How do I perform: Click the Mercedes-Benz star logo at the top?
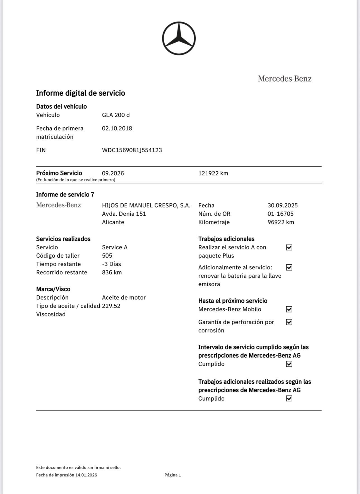pyautogui.click(x=179, y=38)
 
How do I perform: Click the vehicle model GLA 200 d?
pyautogui.click(x=116, y=115)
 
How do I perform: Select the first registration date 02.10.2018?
pyautogui.click(x=117, y=128)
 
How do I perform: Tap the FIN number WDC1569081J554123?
pyautogui.click(x=132, y=150)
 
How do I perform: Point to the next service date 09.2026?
pyautogui.click(x=113, y=173)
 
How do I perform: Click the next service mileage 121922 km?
pyautogui.click(x=213, y=173)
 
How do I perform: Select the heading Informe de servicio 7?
pyautogui.click(x=65, y=195)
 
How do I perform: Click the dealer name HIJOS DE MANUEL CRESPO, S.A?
pyautogui.click(x=146, y=205)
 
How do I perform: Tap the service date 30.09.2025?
pyautogui.click(x=282, y=205)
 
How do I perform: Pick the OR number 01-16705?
pyautogui.click(x=280, y=214)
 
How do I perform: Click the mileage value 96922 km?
pyautogui.click(x=281, y=222)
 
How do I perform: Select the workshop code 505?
pyautogui.click(x=107, y=256)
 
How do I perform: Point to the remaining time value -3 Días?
pyautogui.click(x=111, y=264)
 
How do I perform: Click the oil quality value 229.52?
pyautogui.click(x=111, y=306)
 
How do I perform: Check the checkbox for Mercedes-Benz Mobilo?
pyautogui.click(x=289, y=309)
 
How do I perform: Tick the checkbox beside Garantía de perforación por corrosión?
pyautogui.click(x=289, y=322)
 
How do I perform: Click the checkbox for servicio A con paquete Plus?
pyautogui.click(x=289, y=248)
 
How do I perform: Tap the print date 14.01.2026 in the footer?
pyautogui.click(x=86, y=475)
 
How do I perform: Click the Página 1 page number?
pyautogui.click(x=173, y=475)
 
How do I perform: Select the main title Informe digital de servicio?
pyautogui.click(x=81, y=93)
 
